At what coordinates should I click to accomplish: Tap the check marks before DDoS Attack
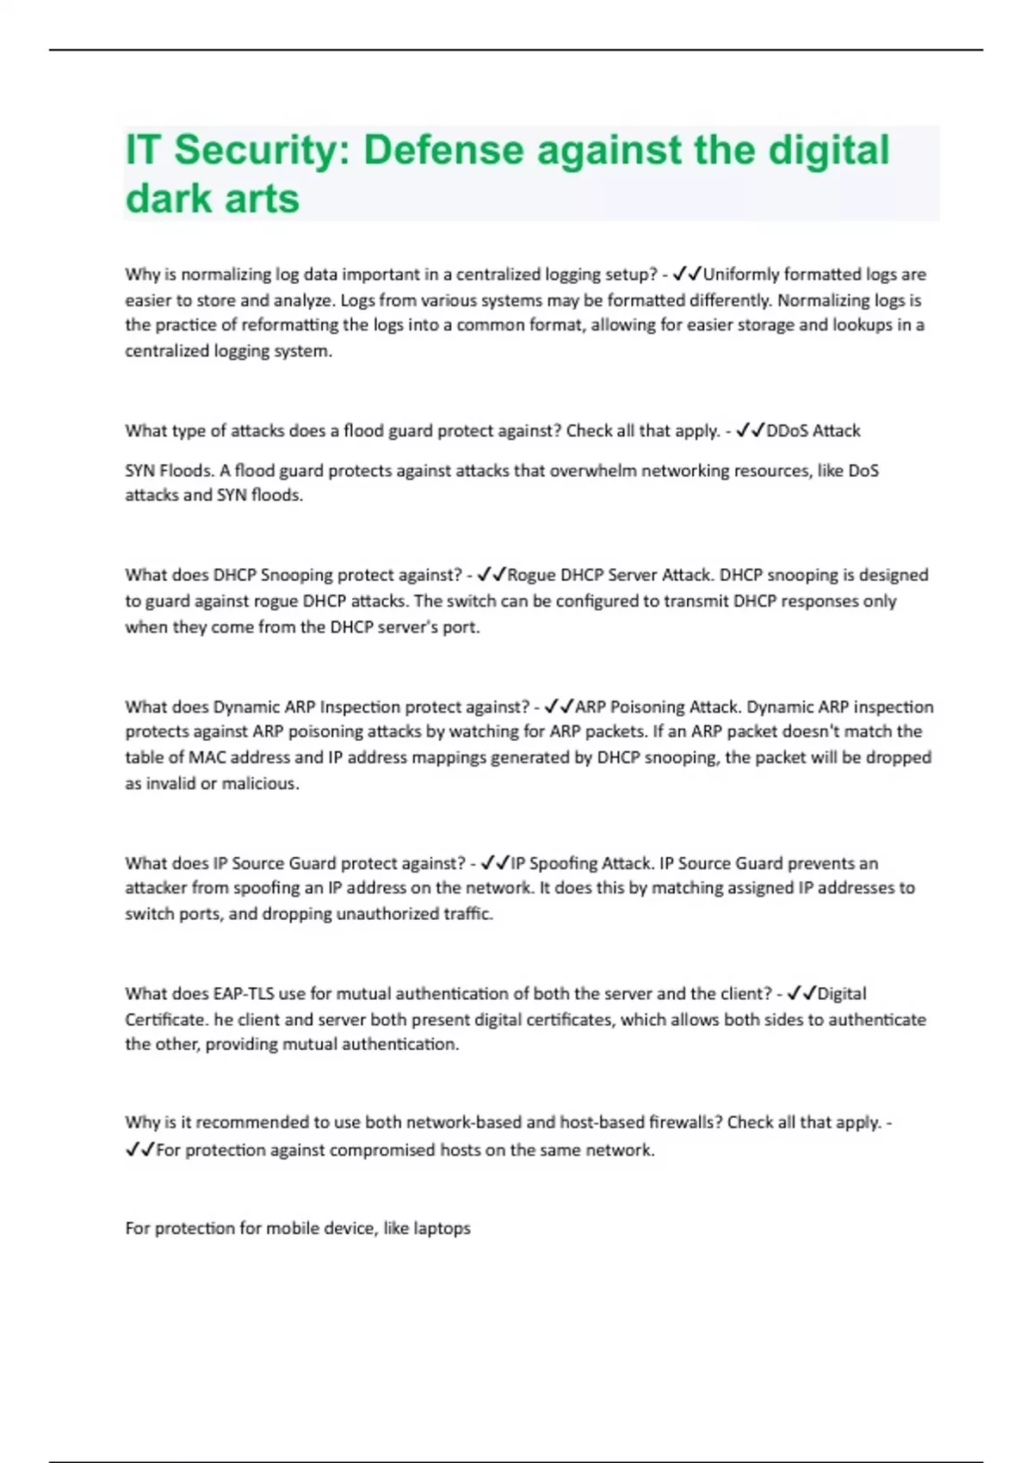tap(750, 430)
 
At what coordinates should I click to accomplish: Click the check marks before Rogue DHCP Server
tap(491, 575)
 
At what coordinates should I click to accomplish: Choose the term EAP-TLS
tap(243, 994)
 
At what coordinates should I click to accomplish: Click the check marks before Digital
tap(801, 994)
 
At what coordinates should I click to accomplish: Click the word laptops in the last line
tap(442, 1229)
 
